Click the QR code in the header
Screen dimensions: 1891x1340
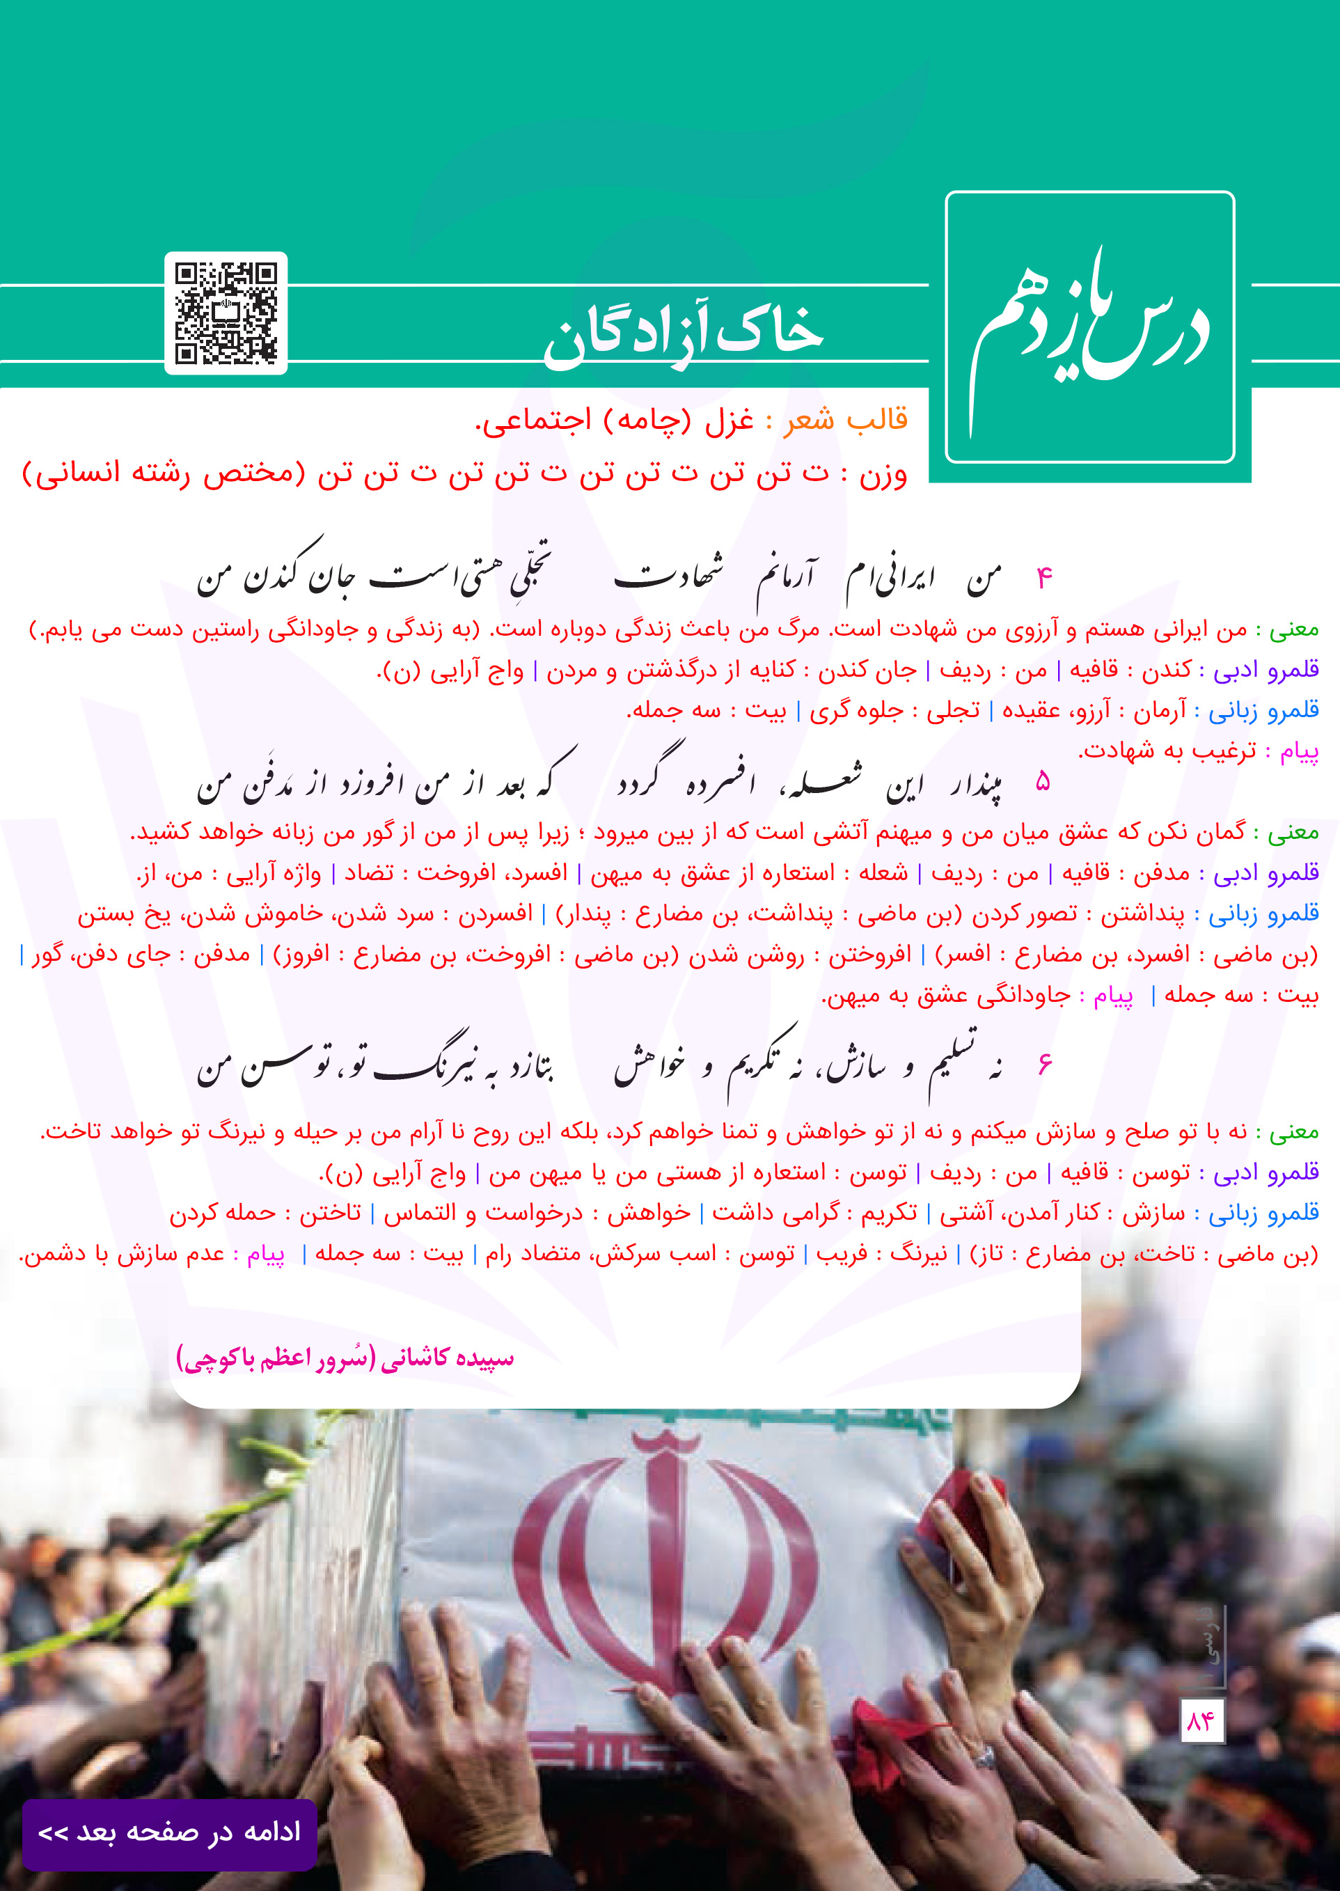[226, 313]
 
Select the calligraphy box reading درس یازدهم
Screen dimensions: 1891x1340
[1089, 327]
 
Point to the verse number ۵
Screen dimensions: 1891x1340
[1043, 781]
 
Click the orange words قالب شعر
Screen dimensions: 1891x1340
[846, 420]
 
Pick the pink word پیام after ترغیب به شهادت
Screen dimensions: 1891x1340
[1299, 751]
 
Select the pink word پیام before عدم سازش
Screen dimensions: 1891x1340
[266, 1254]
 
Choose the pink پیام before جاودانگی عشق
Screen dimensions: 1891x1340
[1113, 996]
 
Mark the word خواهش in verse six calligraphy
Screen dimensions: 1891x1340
[650, 1065]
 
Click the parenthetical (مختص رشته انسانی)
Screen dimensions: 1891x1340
[164, 474]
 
